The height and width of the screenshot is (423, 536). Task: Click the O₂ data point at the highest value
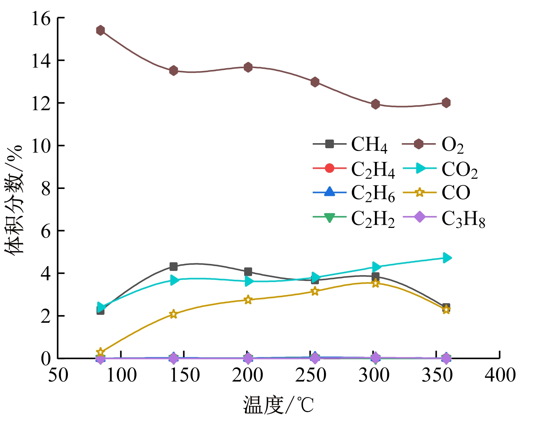[x=100, y=30]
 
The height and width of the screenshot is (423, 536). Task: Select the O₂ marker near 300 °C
[x=375, y=104]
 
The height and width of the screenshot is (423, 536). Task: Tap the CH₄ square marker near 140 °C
[x=173, y=266]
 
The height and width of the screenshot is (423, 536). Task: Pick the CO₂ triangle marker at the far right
[x=447, y=258]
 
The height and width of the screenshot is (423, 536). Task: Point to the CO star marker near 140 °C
[x=173, y=314]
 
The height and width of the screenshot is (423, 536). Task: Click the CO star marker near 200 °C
[x=248, y=300]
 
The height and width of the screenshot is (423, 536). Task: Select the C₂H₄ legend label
[x=373, y=169]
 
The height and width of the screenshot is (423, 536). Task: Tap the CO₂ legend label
[x=459, y=169]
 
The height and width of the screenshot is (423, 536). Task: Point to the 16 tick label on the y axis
[x=40, y=18]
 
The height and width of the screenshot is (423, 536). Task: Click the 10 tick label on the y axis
[x=40, y=146]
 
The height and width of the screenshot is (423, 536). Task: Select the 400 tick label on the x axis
[x=500, y=375]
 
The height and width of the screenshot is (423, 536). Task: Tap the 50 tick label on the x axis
[x=58, y=375]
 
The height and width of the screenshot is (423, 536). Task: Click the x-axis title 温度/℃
[x=278, y=405]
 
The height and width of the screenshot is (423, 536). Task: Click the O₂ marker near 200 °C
[x=248, y=67]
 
